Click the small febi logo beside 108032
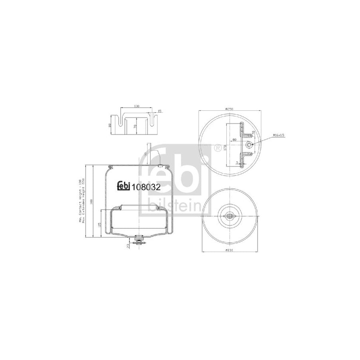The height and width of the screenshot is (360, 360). [x=124, y=185]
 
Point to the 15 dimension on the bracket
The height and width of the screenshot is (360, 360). [x=159, y=111]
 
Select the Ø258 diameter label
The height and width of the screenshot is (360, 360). [x=230, y=108]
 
